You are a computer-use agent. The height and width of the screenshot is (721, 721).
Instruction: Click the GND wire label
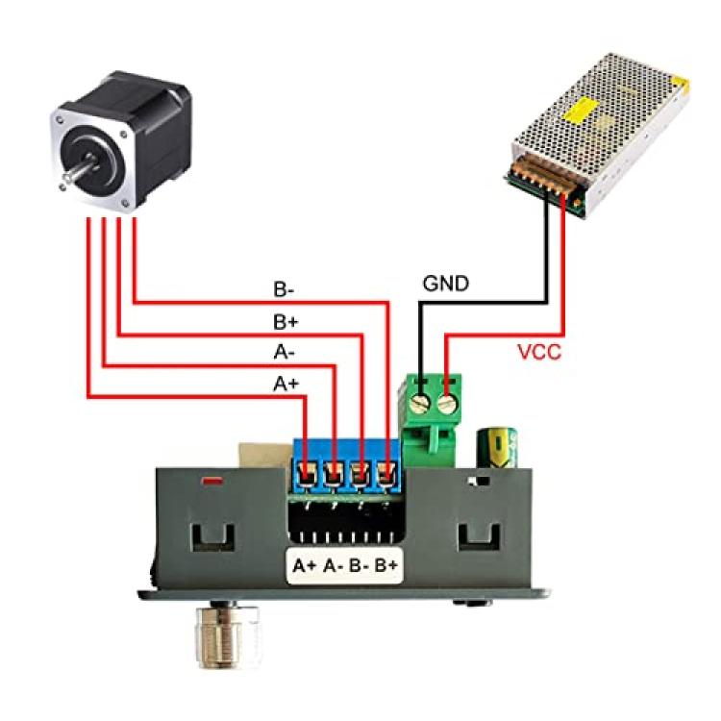coord(445,284)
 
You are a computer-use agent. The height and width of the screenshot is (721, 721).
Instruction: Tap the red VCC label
coord(539,352)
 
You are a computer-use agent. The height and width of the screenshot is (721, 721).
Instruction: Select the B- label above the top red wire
coord(284,289)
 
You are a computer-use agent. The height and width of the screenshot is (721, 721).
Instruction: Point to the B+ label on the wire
coord(286,322)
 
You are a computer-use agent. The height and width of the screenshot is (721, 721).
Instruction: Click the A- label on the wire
coord(285,352)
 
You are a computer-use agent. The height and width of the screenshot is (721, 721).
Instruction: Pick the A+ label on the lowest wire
coord(286,384)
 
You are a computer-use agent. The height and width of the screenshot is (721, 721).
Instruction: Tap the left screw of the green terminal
coord(421,404)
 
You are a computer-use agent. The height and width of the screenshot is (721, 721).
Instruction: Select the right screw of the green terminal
coord(447,405)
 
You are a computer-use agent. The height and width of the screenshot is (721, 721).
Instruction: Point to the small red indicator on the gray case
coord(212,482)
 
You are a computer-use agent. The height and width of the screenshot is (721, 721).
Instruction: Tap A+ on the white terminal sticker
coord(305,565)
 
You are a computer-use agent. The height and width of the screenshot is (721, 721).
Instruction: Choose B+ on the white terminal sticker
coord(385,565)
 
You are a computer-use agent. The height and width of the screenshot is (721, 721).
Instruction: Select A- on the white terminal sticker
coord(333,565)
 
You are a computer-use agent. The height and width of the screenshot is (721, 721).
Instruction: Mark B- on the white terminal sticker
coord(360,565)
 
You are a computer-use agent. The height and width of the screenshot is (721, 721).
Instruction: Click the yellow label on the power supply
coord(586,110)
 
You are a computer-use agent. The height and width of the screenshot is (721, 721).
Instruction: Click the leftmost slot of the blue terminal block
coord(306,475)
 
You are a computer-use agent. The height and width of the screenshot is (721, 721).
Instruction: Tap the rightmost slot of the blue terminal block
coord(387,475)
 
